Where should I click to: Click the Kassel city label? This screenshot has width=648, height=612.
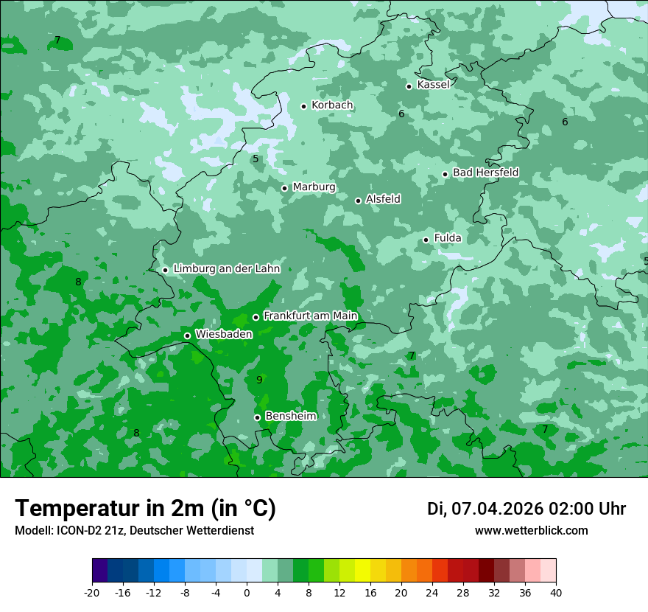point(433,85)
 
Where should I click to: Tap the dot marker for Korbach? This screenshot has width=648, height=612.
point(303,106)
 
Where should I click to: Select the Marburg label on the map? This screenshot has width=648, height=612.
point(314,187)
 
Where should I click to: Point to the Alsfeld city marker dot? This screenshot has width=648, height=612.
point(358,201)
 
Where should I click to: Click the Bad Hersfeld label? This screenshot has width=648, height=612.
point(485,173)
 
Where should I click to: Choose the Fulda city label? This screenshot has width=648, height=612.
point(448,238)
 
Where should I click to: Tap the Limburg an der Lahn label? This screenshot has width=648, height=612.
point(226,269)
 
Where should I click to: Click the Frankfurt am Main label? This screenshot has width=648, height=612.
point(310,316)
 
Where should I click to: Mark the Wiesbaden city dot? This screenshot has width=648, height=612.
point(187,335)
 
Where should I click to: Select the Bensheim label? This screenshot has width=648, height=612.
point(290,417)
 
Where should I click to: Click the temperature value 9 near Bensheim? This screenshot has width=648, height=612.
point(259,380)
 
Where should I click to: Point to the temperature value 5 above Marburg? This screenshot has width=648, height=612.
point(256,159)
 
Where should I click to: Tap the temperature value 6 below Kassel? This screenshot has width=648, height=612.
point(401,114)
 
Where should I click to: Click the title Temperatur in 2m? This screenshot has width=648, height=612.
point(145,509)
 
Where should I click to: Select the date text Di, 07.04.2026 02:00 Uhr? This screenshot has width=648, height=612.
point(526,509)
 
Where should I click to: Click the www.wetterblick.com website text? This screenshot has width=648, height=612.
point(531,531)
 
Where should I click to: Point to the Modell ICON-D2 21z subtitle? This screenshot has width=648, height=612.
point(134,531)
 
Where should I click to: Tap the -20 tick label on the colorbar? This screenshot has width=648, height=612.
point(92,592)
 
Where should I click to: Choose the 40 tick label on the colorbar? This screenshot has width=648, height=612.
point(555,592)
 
